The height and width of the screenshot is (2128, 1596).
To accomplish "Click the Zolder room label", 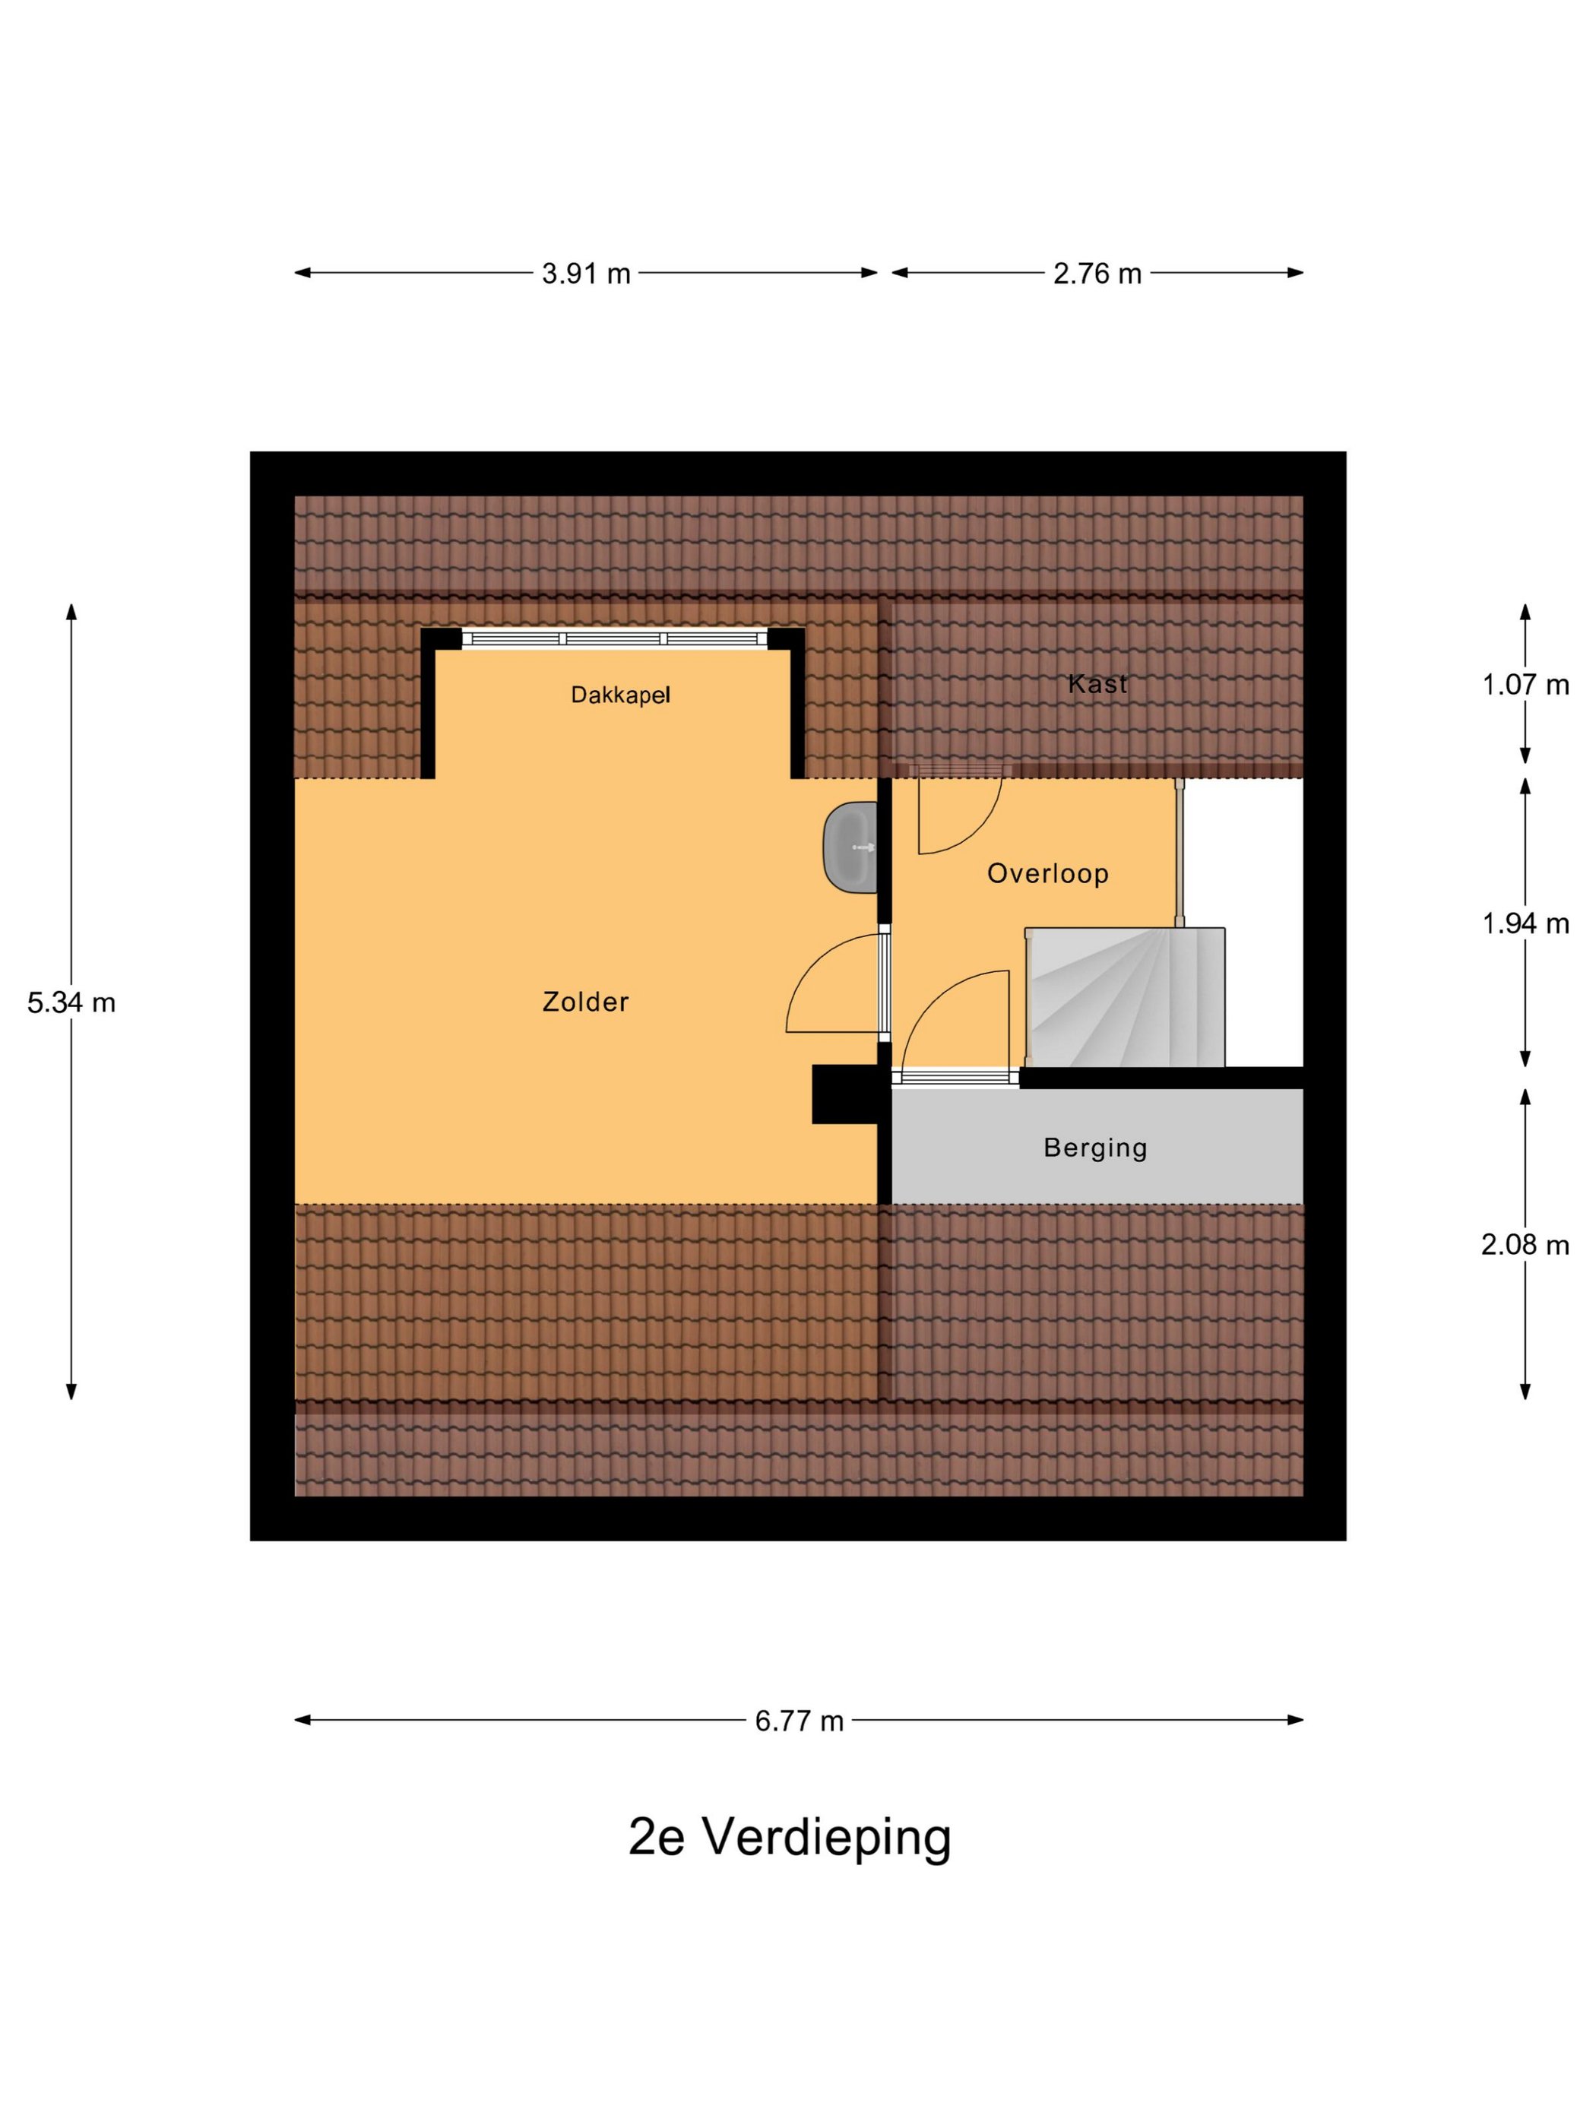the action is point(585,1002).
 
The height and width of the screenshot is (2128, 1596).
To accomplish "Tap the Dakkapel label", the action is point(619,695).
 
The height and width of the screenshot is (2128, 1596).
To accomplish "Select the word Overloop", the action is point(1047,873).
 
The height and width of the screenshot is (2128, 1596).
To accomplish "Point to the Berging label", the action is point(1095,1148).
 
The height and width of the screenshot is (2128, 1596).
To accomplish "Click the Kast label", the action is point(1097,684).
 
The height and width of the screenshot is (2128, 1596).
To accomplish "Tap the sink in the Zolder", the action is point(850,847).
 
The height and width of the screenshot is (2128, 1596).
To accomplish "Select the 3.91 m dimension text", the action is point(586,274).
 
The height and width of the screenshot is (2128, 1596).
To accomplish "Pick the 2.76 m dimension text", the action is point(1097,274).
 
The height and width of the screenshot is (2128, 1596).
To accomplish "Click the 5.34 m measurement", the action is point(71,1003).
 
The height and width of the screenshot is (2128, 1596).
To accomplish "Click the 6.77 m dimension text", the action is point(799,1721).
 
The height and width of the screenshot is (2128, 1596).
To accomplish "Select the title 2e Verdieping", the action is point(790,1838).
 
